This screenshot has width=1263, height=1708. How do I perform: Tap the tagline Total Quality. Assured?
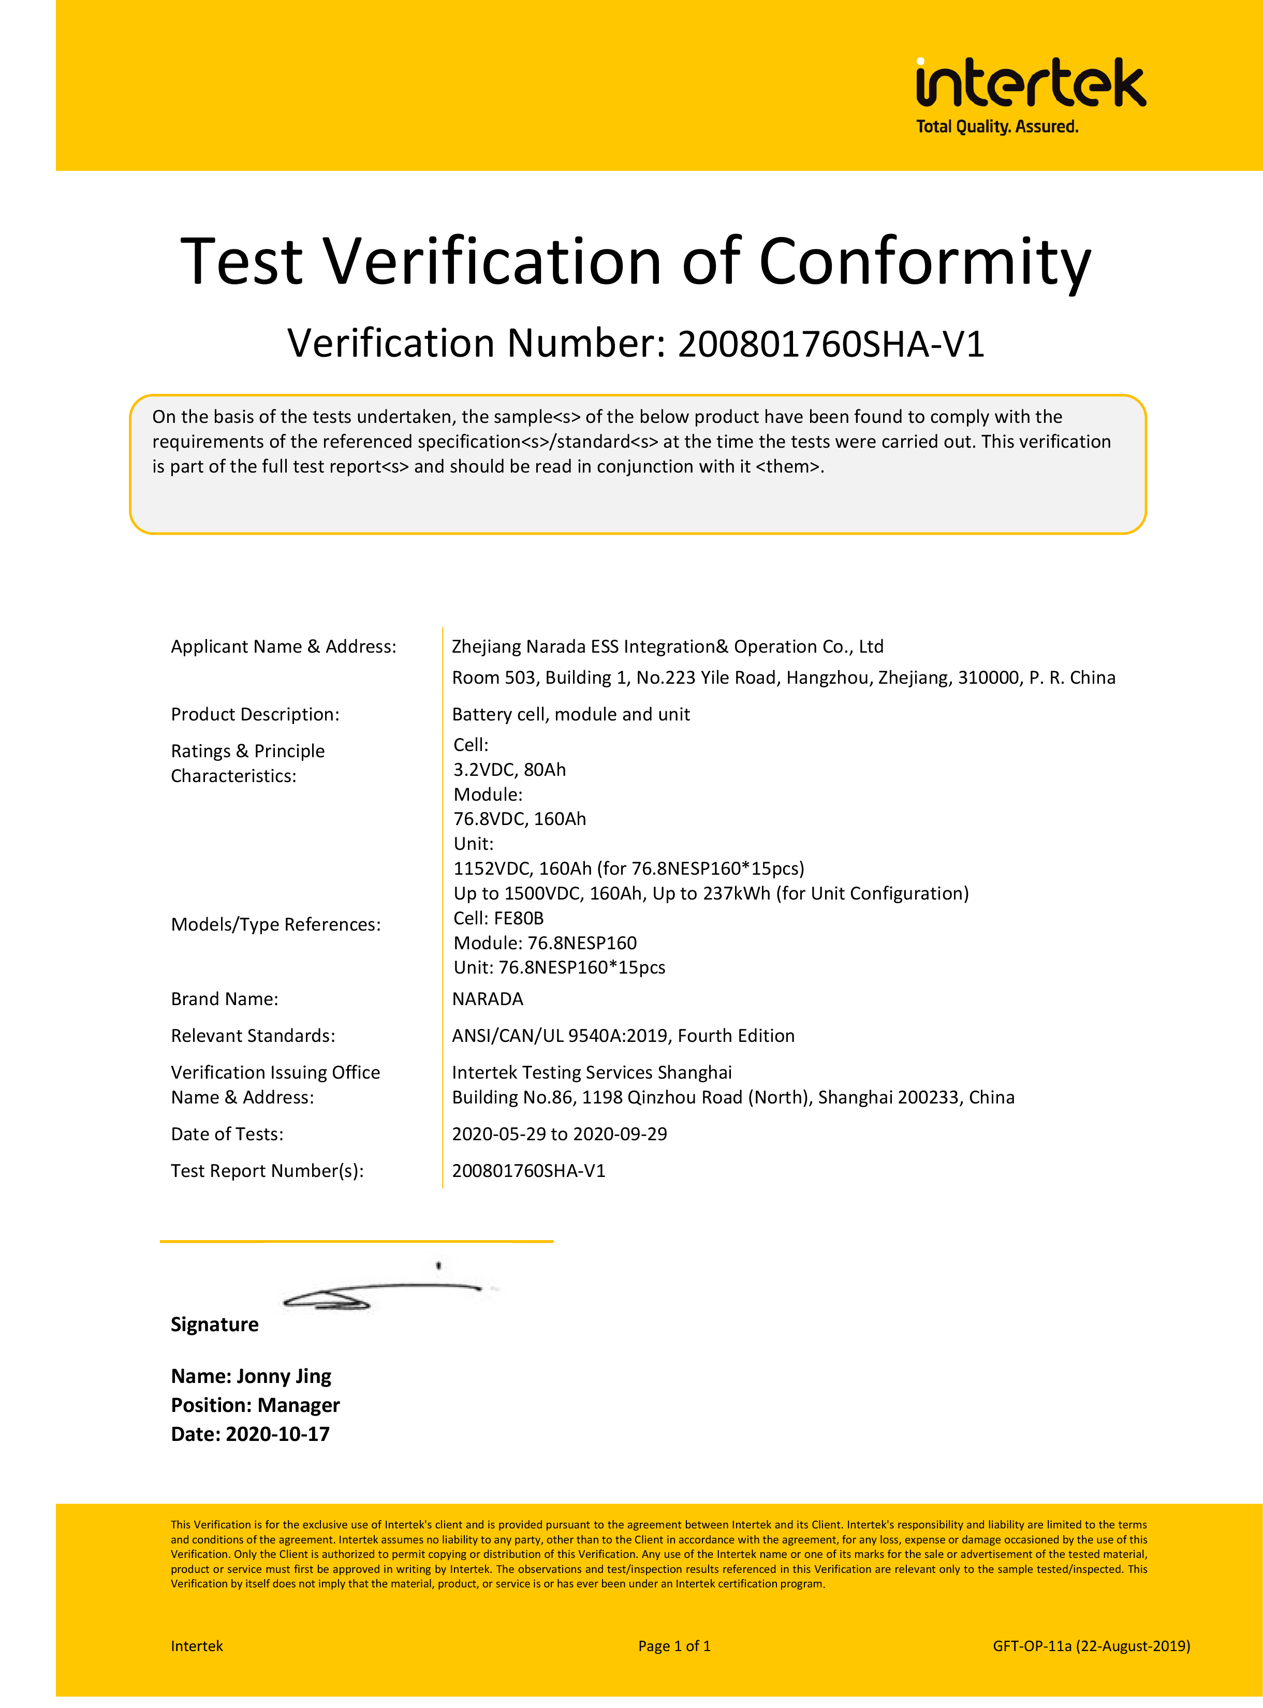[997, 127]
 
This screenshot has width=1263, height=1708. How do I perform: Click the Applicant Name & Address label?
[284, 647]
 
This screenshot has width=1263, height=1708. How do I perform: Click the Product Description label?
[255, 714]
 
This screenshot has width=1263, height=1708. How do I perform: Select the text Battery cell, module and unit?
[570, 714]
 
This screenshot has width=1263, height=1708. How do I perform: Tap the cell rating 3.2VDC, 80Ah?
[509, 770]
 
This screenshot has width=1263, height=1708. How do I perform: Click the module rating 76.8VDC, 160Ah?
[520, 819]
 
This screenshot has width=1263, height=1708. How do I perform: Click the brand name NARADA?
[488, 999]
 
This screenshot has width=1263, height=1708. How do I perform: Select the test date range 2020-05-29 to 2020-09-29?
[559, 1134]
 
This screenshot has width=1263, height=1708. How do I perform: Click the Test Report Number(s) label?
[267, 1171]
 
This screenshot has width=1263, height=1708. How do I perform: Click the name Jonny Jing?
[284, 1376]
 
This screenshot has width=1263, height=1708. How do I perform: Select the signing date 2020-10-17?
[277, 1434]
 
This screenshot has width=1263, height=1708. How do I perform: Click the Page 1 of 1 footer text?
[674, 1646]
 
